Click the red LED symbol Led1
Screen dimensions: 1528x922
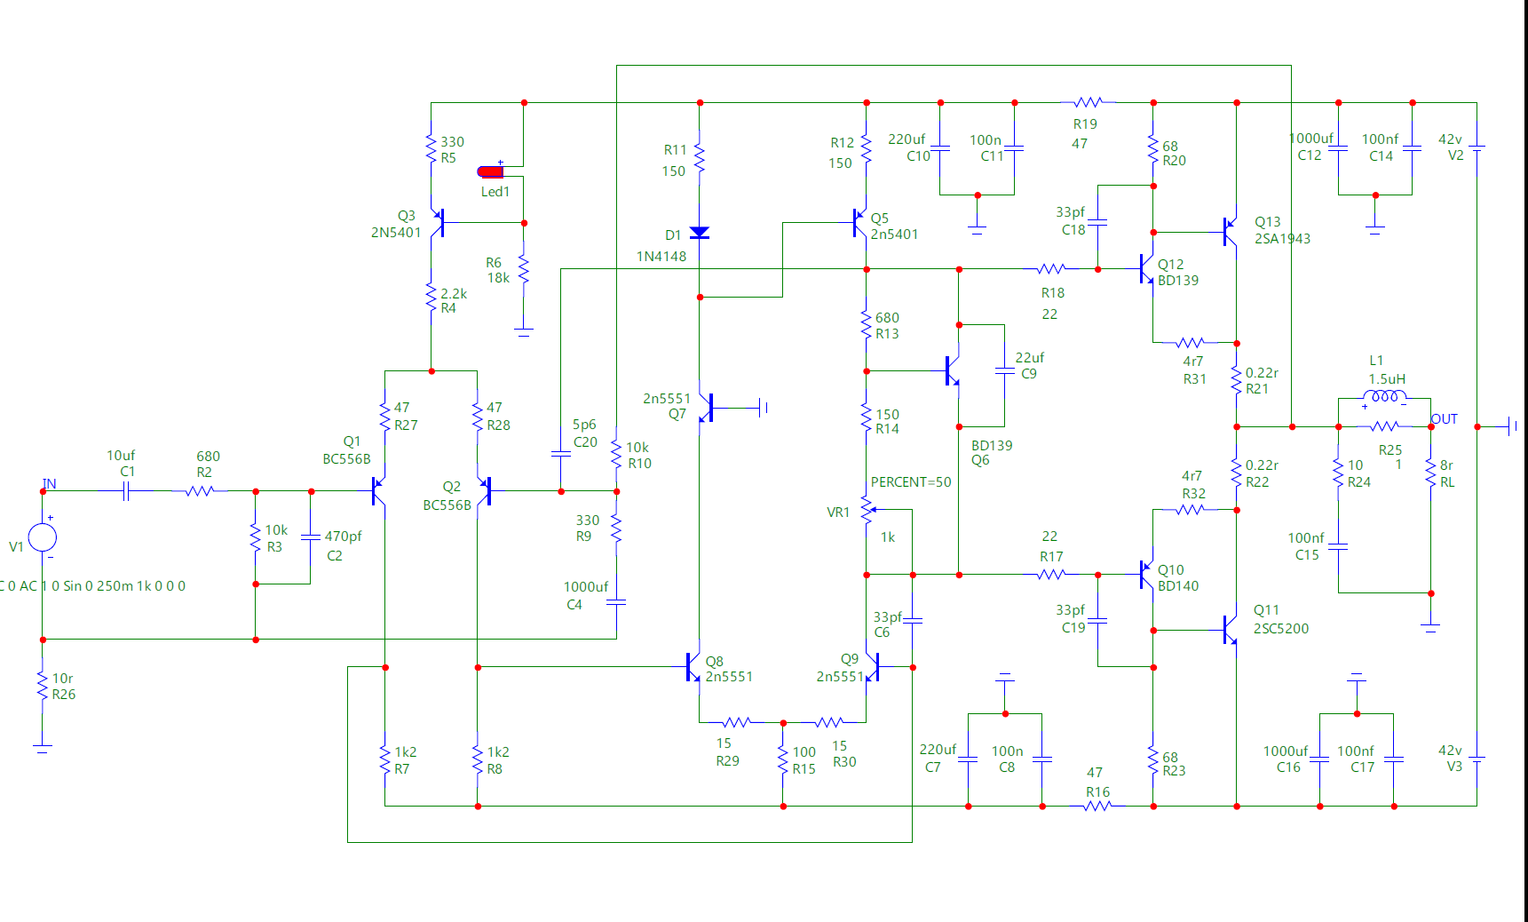pyautogui.click(x=491, y=171)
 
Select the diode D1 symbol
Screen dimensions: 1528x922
pyautogui.click(x=700, y=233)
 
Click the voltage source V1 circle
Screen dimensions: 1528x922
pyautogui.click(x=43, y=537)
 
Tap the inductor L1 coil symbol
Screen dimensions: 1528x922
pyautogui.click(x=1384, y=397)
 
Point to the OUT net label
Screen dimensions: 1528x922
pyautogui.click(x=1445, y=419)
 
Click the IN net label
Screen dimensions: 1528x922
pyautogui.click(x=49, y=484)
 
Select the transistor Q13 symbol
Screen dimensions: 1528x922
pyautogui.click(x=1230, y=232)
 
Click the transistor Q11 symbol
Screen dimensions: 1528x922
pyautogui.click(x=1230, y=630)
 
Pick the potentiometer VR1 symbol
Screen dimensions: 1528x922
pyautogui.click(x=867, y=510)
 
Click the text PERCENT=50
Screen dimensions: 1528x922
pyautogui.click(x=911, y=482)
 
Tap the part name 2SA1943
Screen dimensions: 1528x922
pyautogui.click(x=1282, y=239)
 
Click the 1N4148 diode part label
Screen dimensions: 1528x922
pyautogui.click(x=661, y=257)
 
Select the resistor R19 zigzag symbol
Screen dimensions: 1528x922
pyautogui.click(x=1088, y=103)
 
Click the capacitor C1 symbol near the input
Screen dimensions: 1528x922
pyautogui.click(x=126, y=490)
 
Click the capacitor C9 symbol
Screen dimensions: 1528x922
pyautogui.click(x=1004, y=371)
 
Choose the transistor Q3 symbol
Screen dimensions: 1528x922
pyautogui.click(x=437, y=223)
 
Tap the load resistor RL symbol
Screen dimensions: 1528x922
pyautogui.click(x=1430, y=473)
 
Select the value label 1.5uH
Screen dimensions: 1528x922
pyautogui.click(x=1387, y=379)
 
